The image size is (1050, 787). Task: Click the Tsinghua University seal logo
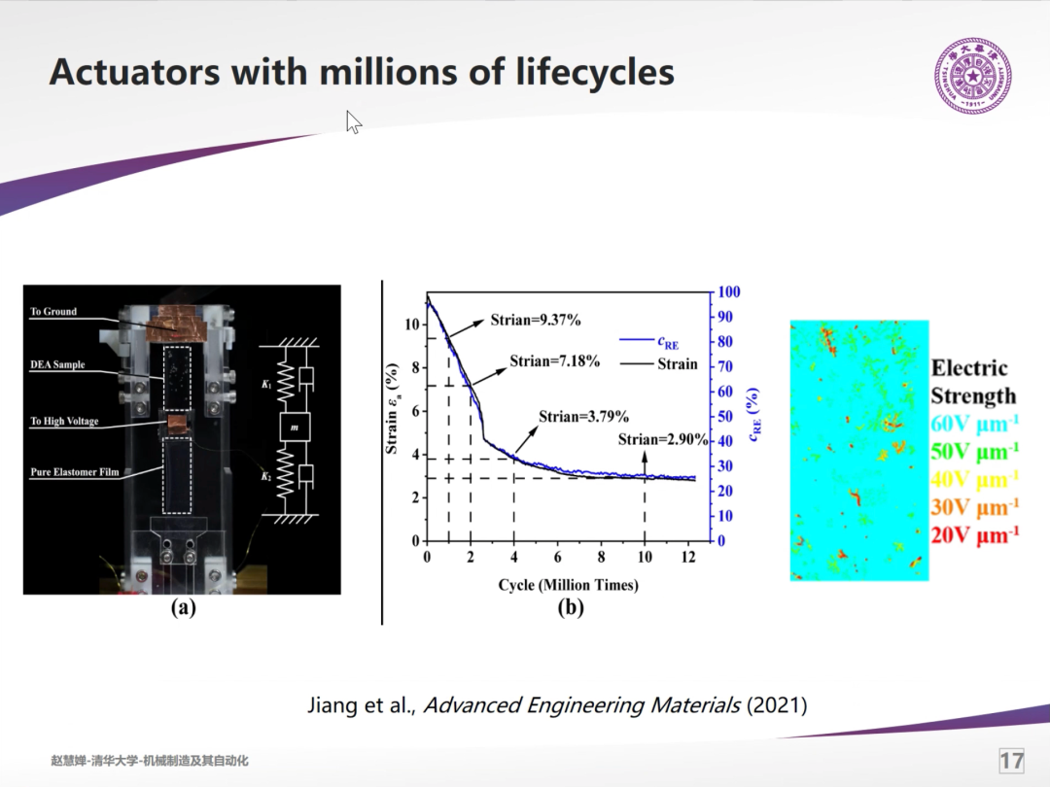point(972,76)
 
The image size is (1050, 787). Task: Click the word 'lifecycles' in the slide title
point(595,72)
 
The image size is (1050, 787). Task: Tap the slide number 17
point(1011,761)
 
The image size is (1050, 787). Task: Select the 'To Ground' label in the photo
point(53,311)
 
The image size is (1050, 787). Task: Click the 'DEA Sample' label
point(57,364)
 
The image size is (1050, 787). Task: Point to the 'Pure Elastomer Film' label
point(74,472)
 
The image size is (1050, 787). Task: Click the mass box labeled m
point(295,427)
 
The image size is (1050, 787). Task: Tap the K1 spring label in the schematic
point(267,385)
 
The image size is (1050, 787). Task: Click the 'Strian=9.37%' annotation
point(536,320)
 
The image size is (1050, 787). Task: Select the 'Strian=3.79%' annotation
point(584,417)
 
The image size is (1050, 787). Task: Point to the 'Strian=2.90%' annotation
point(663,440)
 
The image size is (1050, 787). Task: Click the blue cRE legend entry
point(649,342)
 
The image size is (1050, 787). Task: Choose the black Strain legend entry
point(659,364)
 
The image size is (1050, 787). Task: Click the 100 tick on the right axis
point(728,291)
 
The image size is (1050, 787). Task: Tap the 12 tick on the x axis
point(688,557)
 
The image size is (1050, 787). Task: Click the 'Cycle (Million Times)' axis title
point(568,585)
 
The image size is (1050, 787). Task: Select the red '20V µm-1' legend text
point(975,535)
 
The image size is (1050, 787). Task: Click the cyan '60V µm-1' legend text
point(975,424)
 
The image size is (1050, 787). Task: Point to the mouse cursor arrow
point(354,121)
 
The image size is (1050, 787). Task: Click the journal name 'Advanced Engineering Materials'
point(582,705)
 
